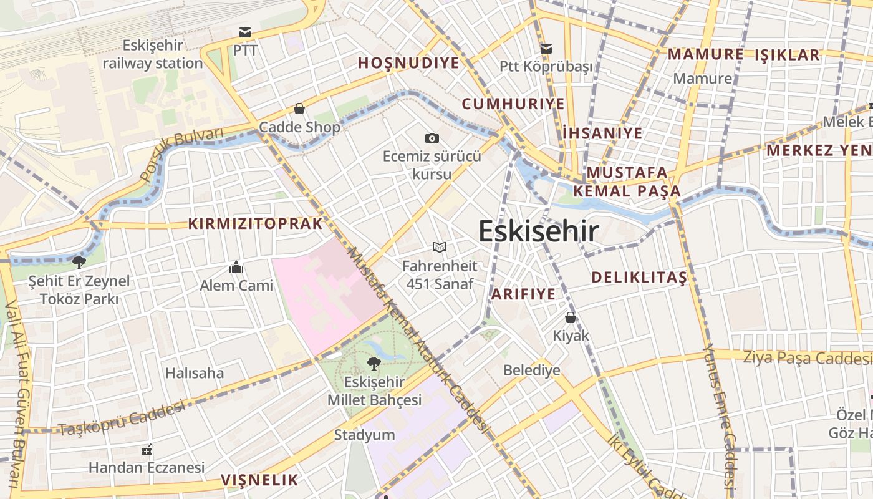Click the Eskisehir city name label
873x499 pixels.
[539, 231]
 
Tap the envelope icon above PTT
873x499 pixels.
[245, 32]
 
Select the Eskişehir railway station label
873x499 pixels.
[153, 54]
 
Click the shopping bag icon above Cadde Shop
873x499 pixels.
[299, 109]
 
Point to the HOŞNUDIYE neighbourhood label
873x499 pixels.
[408, 63]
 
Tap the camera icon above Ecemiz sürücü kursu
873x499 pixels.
[432, 138]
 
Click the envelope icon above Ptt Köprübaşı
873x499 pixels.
[546, 48]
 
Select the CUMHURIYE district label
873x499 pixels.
[513, 104]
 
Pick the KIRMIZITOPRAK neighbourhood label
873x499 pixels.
[256, 223]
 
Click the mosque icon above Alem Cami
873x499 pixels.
[236, 268]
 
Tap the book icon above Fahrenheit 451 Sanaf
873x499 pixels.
[440, 248]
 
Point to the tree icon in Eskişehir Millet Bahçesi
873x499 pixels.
[374, 363]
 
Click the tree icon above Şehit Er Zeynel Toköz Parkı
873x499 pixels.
[79, 262]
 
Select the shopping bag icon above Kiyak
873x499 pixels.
[570, 317]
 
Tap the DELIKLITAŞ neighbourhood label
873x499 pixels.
[639, 278]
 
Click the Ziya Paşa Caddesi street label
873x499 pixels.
[807, 358]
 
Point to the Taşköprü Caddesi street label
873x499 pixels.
[122, 419]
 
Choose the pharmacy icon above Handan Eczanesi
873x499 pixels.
[147, 449]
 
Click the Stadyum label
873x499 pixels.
[365, 435]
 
